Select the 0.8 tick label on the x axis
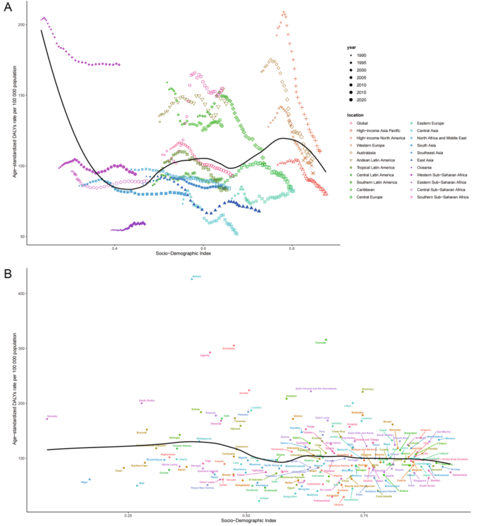point(292,249)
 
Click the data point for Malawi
point(192,279)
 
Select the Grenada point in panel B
point(325,340)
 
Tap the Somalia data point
point(47,418)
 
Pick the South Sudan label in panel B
point(147,400)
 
